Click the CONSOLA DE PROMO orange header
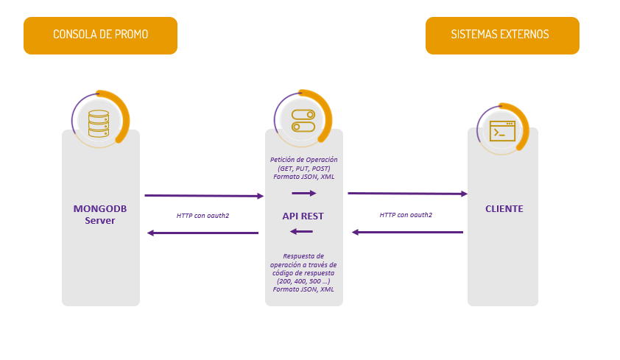pos(100,35)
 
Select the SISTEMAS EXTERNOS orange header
pos(502,35)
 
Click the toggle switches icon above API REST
pos(303,121)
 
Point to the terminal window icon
pos(503,131)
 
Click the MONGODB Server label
pos(100,214)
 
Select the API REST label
pos(303,216)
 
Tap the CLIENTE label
pos(504,209)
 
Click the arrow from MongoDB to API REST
pos(204,196)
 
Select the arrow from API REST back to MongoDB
pos(203,233)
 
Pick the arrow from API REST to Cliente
pos(407,194)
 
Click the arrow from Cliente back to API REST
pos(407,232)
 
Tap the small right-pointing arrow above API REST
pos(304,194)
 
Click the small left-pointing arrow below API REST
pos(301,232)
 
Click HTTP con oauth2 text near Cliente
pos(406,215)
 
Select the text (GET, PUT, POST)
pos(303,169)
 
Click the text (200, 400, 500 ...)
pos(303,280)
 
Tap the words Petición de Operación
pos(303,160)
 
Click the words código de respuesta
pos(303,272)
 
